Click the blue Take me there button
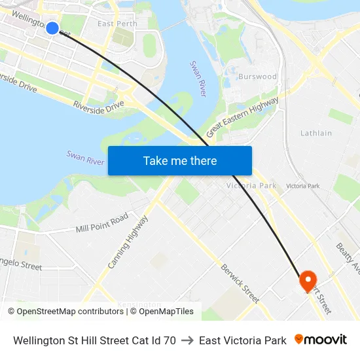tap(180, 160)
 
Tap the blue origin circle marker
tap(52, 27)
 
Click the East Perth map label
tap(117, 24)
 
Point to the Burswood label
tap(257, 77)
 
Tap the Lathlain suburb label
tap(316, 133)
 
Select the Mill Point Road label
tap(102, 223)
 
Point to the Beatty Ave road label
tap(347, 259)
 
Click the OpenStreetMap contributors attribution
tap(65, 312)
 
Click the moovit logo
tap(321, 340)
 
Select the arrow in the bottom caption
tap(187, 340)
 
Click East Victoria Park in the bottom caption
tap(243, 340)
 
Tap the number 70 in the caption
tap(170, 340)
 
